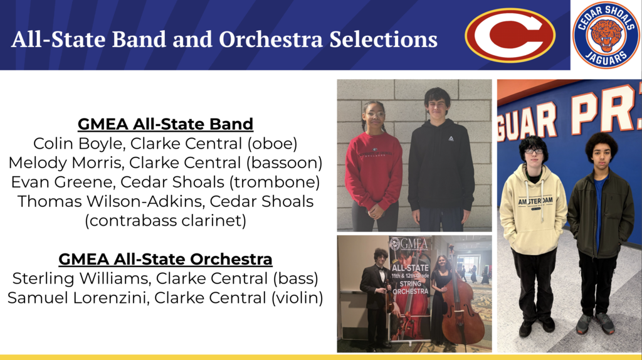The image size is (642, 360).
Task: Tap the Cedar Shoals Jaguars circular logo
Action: coord(606,35)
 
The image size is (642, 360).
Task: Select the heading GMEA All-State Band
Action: coord(166,124)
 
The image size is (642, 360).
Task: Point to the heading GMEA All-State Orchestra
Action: coord(166,259)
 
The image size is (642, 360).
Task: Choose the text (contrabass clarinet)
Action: coord(166,221)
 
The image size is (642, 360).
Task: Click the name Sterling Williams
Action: coord(71,278)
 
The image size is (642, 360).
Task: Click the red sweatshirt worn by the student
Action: coord(373,169)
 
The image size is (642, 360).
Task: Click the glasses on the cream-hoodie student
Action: coord(534,151)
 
